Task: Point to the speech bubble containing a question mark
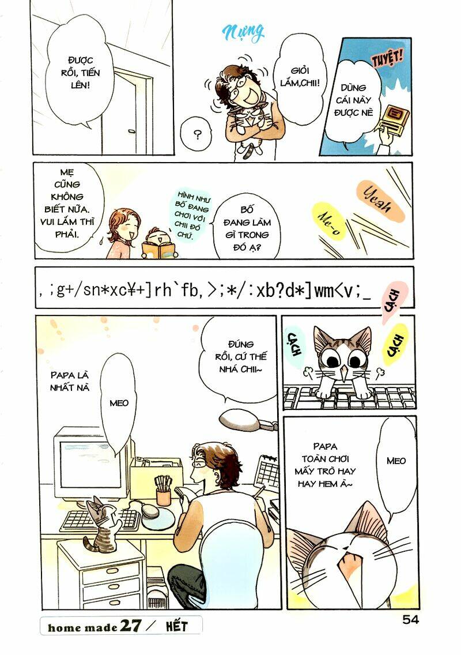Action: coord(198,135)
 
